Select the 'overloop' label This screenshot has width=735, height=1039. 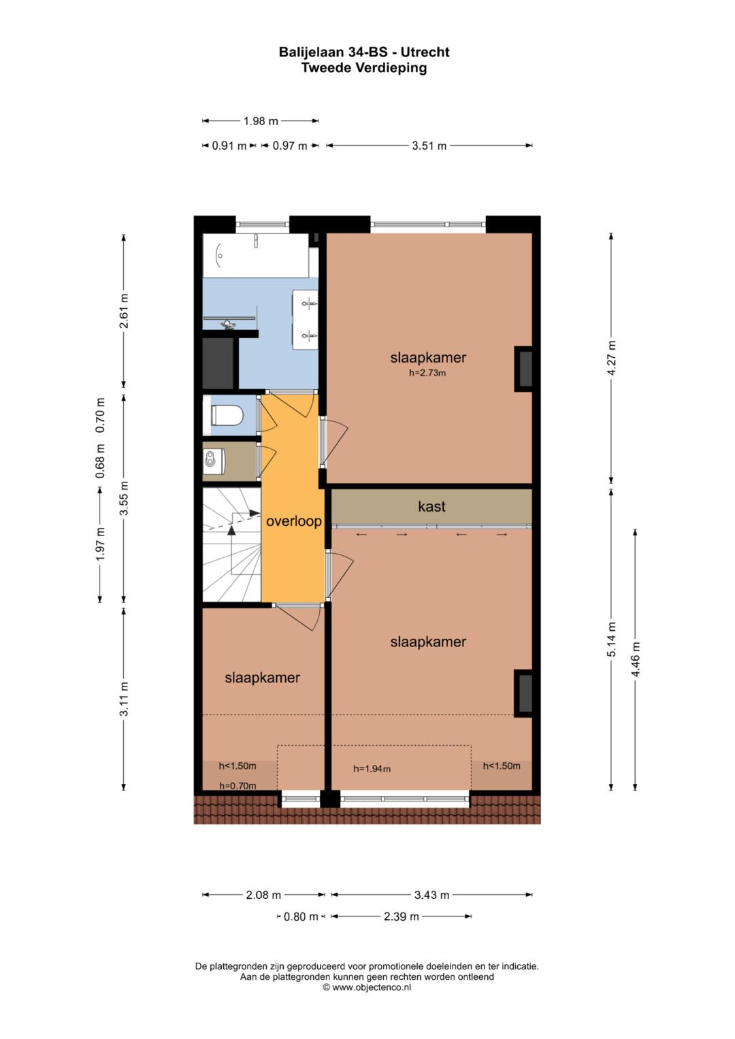tap(293, 522)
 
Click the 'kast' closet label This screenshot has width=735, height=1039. tap(431, 506)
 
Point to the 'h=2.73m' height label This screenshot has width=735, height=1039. tap(427, 373)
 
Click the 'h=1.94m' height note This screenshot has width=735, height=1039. tap(372, 769)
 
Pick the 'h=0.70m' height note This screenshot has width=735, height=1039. tap(238, 786)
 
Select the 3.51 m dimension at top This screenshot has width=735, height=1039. tap(429, 146)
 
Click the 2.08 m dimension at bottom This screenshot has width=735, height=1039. tap(263, 895)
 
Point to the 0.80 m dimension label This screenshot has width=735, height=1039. tap(301, 917)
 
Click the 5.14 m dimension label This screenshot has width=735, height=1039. tap(611, 640)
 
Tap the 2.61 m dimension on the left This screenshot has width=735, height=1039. tap(124, 311)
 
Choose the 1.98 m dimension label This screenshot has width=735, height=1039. tap(261, 121)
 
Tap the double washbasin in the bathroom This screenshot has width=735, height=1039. tap(306, 318)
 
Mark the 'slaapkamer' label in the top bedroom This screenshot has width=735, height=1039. tap(427, 358)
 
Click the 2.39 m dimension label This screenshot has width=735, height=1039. tap(401, 917)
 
